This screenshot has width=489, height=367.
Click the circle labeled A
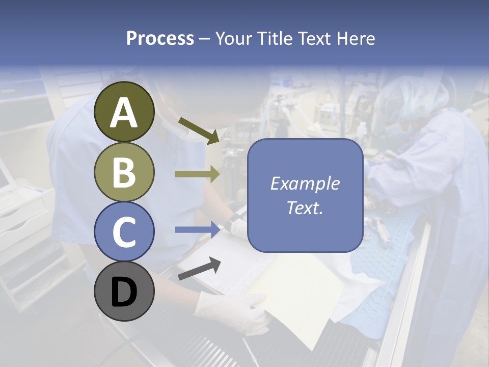(x=124, y=112)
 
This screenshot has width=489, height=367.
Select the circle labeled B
(x=124, y=172)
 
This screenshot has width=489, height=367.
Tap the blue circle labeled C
(x=124, y=231)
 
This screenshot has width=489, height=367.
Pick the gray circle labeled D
(x=124, y=292)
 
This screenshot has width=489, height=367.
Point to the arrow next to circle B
(x=197, y=174)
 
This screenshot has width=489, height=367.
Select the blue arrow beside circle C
(x=197, y=229)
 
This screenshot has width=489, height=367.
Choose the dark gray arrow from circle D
(x=199, y=269)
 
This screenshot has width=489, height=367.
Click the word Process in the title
(x=160, y=38)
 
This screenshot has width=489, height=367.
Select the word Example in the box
(x=305, y=183)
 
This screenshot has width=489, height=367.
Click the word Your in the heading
(x=232, y=38)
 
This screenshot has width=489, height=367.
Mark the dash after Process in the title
(x=204, y=39)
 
